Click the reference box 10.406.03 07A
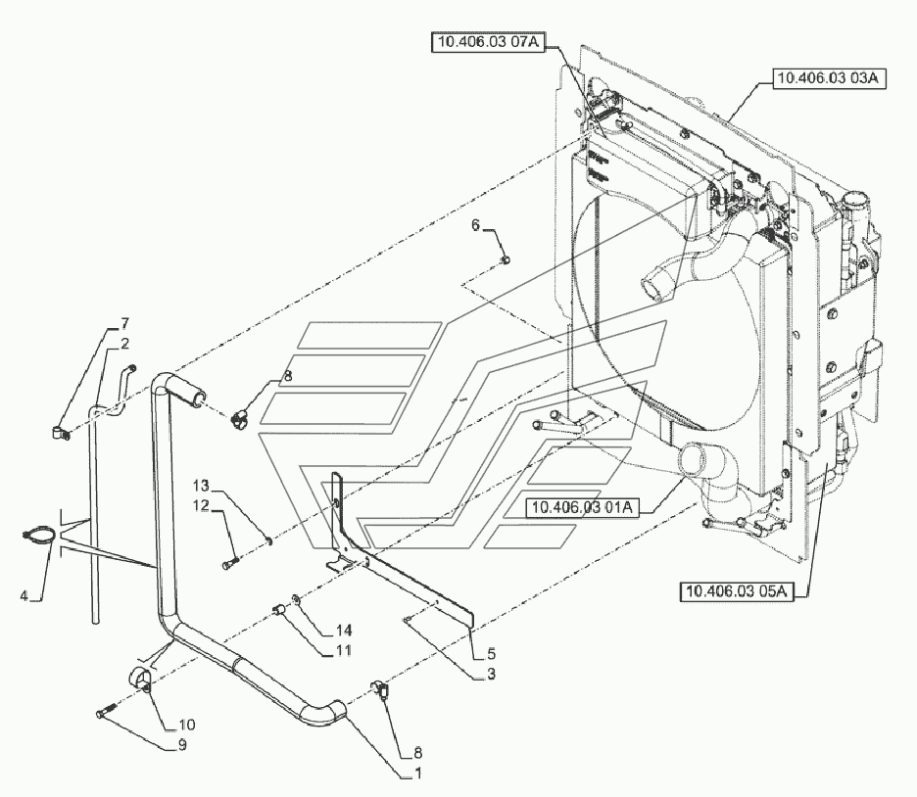coord(486,42)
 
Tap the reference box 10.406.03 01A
coord(583,507)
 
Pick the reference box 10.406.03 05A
coord(733,589)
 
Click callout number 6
coord(476,226)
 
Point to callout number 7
coord(125,323)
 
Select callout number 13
coord(201,486)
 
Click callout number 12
coord(201,505)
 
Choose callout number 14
coord(316,629)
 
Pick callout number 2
coord(125,343)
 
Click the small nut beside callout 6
coord(506,258)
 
